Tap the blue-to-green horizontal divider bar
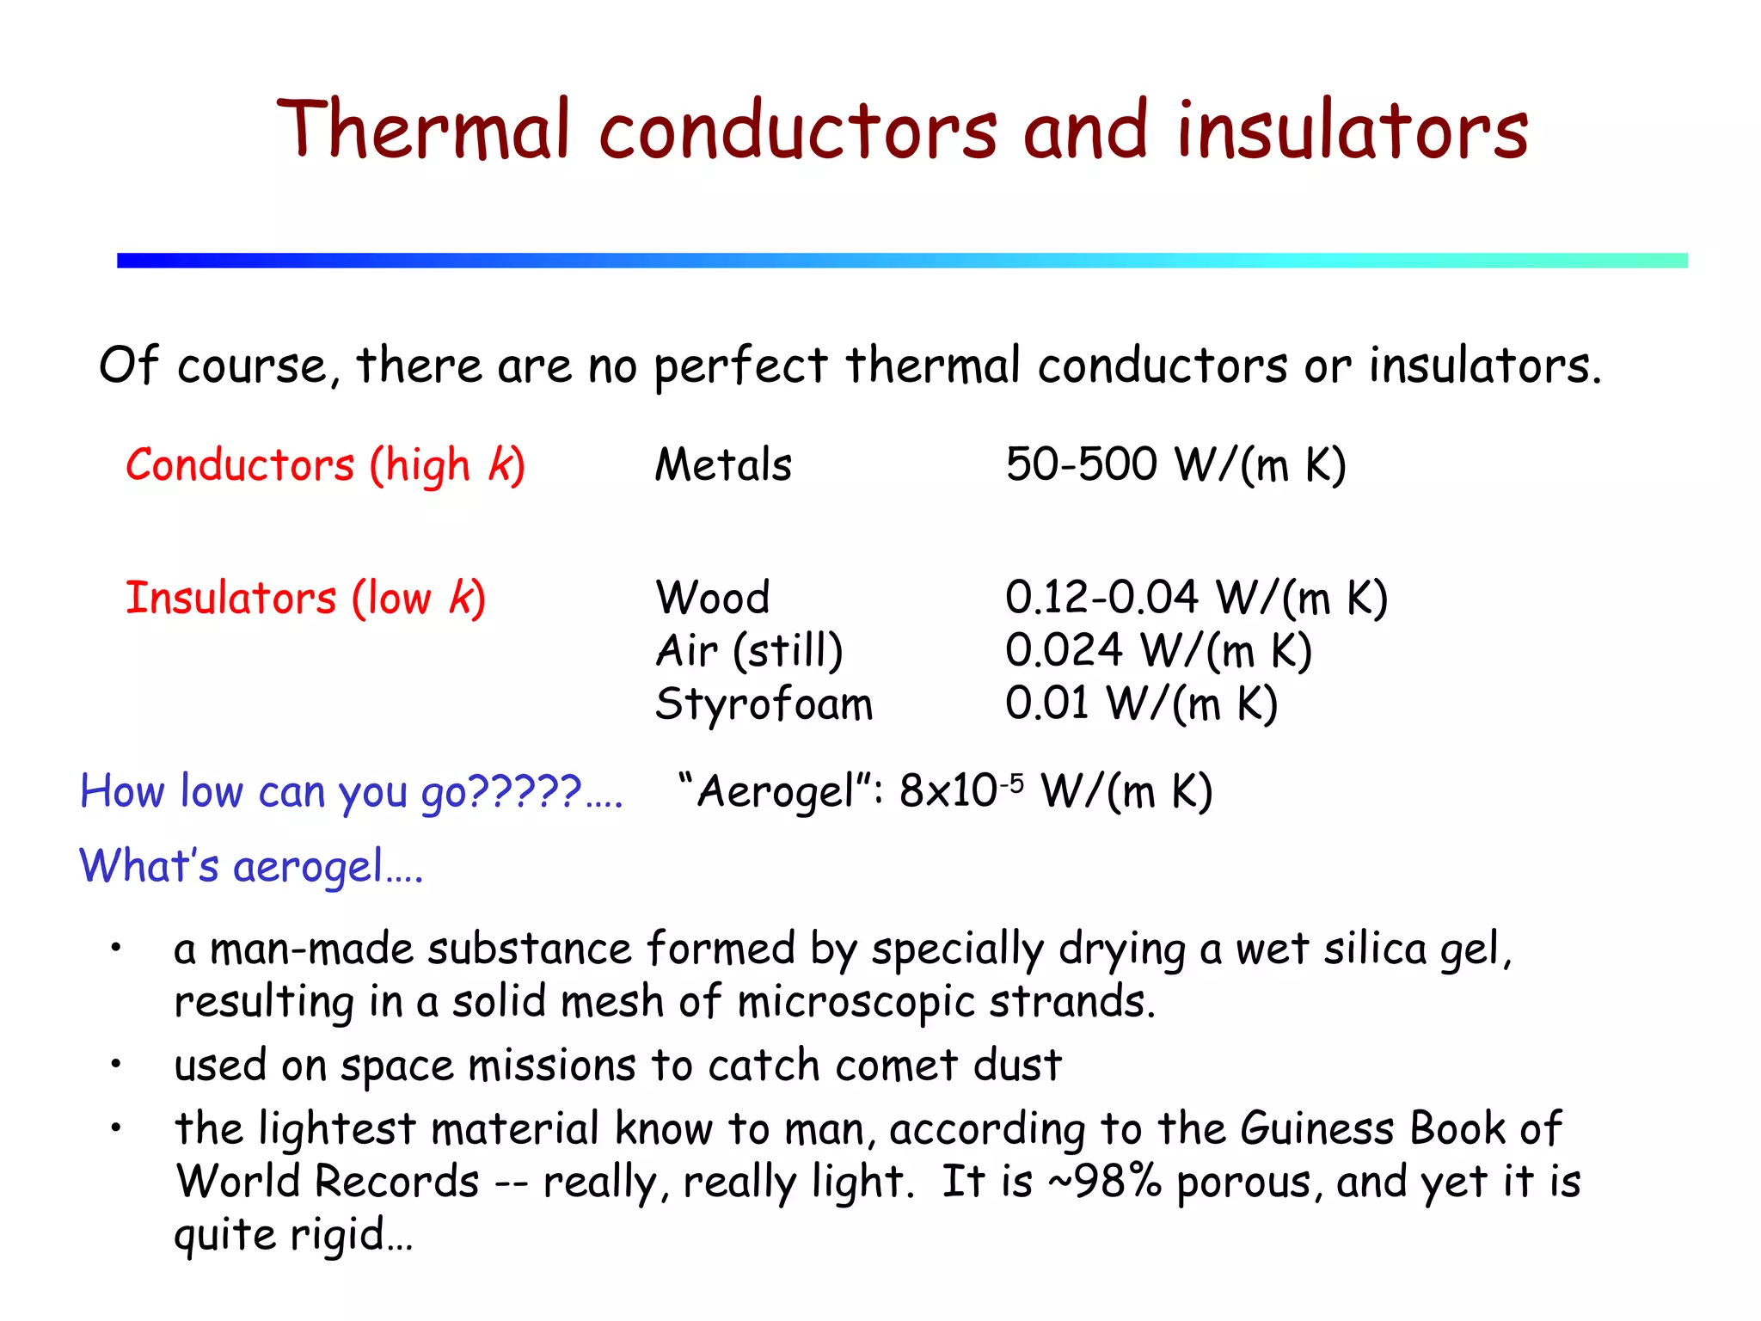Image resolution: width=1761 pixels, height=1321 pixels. (901, 261)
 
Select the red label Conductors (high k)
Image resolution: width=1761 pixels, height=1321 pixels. (325, 465)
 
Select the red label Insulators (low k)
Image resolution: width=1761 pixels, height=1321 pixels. (305, 598)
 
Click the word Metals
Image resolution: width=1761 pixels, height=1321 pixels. (722, 465)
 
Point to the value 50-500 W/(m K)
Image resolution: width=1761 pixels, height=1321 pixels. (1175, 465)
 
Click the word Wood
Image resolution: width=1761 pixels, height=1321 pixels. (712, 598)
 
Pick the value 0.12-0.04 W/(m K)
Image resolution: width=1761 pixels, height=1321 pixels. (1196, 598)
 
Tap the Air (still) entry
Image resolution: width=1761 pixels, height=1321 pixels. (749, 651)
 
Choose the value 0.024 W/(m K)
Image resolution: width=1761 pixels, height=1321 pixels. (1158, 651)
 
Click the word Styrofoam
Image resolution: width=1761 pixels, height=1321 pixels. (764, 704)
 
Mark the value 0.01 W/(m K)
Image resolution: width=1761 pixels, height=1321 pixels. (1141, 704)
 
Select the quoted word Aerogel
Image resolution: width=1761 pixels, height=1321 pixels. (775, 791)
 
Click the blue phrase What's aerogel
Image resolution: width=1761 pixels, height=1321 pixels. (250, 865)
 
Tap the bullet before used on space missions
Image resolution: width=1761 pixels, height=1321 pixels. (115, 1065)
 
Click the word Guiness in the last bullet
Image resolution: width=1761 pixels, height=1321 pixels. (1316, 1128)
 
